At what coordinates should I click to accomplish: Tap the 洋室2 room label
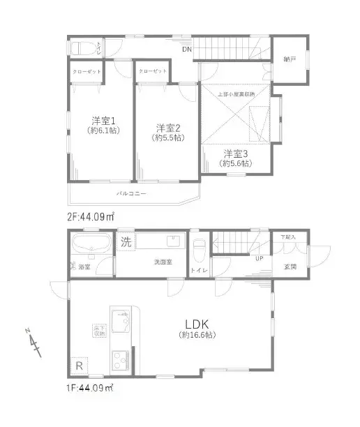click(168, 128)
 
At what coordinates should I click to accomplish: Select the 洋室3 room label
click(235, 153)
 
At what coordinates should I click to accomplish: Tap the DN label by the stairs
click(186, 50)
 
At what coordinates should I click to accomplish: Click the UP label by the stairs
click(259, 258)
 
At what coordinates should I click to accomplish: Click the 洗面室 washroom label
click(163, 262)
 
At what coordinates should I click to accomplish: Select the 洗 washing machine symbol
click(126, 244)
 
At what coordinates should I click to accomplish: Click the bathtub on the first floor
click(89, 245)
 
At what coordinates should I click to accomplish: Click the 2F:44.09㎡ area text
click(91, 217)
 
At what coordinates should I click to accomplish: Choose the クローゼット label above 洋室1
click(86, 72)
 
